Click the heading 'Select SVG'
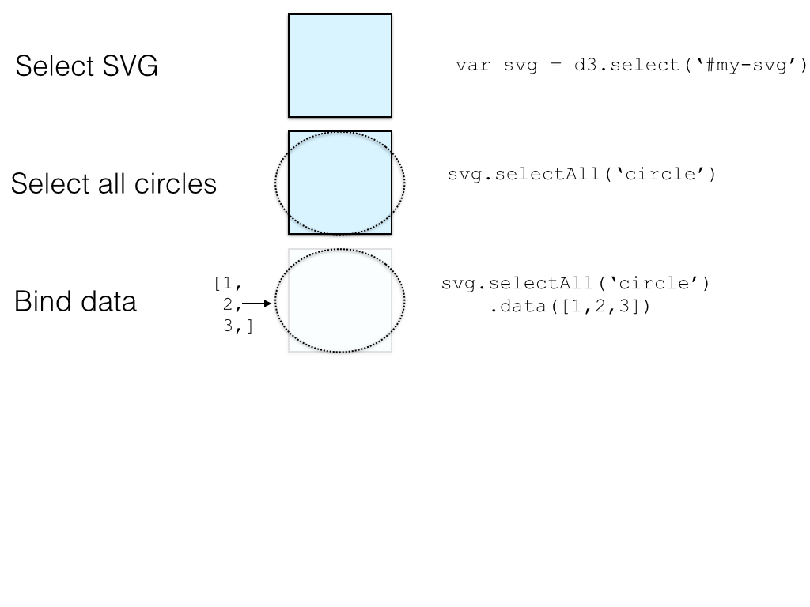[86, 66]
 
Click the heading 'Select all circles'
[113, 184]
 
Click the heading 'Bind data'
[75, 302]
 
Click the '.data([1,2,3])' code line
[569, 306]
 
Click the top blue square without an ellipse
[339, 66]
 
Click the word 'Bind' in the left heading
[41, 302]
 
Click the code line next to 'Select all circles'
[581, 174]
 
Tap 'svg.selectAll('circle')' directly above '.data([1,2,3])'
[575, 284]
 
